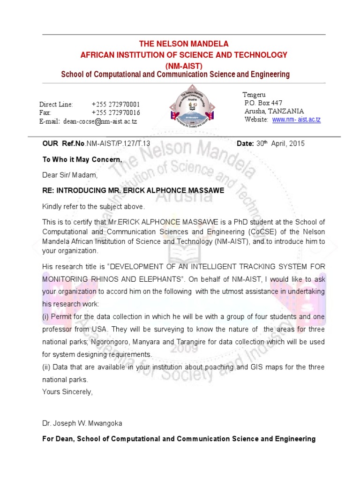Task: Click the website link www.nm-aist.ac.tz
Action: (x=296, y=120)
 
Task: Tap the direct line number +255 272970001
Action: (x=116, y=104)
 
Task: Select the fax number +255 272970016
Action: (x=116, y=113)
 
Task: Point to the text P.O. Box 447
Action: (x=263, y=103)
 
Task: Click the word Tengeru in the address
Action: (x=254, y=95)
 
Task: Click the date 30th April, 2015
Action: (x=280, y=144)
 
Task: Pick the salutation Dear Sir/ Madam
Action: (x=70, y=175)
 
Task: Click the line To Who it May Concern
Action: (x=82, y=160)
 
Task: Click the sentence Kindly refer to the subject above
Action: (x=94, y=207)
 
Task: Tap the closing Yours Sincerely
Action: (x=67, y=392)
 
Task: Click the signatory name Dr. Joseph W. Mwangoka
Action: (x=82, y=423)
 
